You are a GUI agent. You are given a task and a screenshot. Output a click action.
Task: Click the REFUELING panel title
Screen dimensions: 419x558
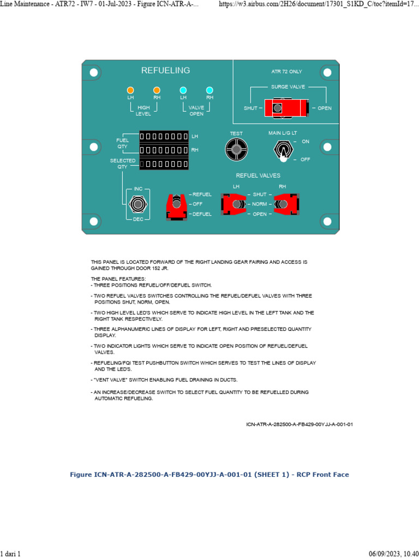coord(165,70)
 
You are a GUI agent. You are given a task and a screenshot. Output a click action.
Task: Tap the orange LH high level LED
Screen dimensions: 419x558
coord(130,90)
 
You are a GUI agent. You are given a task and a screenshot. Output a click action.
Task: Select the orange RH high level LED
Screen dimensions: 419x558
coord(157,90)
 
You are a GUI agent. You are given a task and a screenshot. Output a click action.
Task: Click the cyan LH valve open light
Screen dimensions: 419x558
coord(183,90)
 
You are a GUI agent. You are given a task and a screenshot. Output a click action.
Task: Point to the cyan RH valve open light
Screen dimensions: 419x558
coord(209,90)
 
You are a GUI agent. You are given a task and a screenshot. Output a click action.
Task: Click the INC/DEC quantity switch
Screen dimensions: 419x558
coord(138,204)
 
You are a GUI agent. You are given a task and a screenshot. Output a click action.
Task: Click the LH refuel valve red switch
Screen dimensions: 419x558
coord(236,204)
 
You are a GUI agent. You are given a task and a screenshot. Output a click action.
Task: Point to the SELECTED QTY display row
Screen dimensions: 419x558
coord(164,163)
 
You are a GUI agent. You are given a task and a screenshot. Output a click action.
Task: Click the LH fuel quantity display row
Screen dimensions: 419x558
coord(164,136)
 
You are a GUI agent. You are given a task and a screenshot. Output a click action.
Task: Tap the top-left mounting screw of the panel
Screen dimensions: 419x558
coord(94,72)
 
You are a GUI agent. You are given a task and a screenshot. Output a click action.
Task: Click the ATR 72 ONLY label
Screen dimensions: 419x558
coord(286,71)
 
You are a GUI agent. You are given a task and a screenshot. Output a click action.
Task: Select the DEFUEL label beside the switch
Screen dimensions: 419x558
coord(202,214)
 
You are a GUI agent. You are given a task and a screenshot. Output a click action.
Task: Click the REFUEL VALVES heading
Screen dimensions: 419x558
coord(258,175)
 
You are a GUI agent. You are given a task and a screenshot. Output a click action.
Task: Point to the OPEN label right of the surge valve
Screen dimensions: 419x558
coord(325,108)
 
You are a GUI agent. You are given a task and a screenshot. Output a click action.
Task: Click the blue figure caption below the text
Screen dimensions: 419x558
coord(209,475)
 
